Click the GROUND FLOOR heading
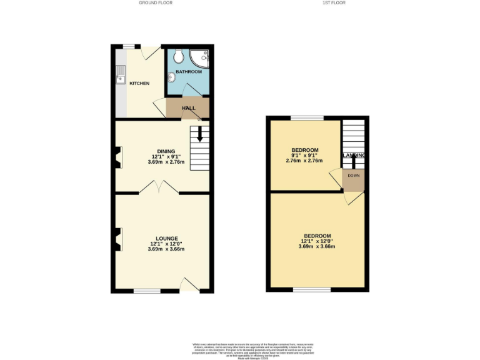click(156, 3)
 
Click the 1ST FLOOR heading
click(334, 3)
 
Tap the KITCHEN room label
click(139, 83)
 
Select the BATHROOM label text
click(188, 72)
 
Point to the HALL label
click(188, 108)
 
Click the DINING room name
click(166, 152)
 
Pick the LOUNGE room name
click(167, 238)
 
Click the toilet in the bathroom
click(179, 56)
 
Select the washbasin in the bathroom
click(171, 78)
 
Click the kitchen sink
click(119, 79)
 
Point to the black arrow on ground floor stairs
click(200, 134)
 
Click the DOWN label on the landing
click(353, 176)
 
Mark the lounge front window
click(147, 291)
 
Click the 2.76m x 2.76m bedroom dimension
click(305, 161)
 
